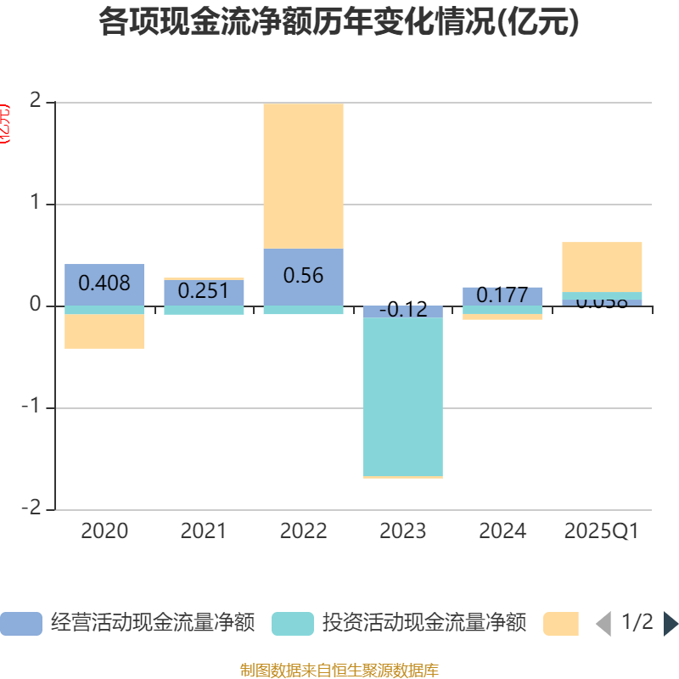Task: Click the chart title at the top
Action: click(339, 23)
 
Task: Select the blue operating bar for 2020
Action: click(104, 284)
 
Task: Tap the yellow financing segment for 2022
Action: click(303, 176)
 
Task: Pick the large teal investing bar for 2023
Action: click(402, 396)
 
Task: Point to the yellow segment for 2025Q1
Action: click(602, 267)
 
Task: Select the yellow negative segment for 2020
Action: click(104, 331)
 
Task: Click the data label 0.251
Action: click(204, 291)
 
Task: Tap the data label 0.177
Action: click(502, 295)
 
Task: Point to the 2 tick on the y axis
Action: click(35, 101)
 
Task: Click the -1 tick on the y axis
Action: click(31, 407)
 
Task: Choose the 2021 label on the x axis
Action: click(204, 531)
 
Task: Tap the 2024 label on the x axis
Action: click(502, 531)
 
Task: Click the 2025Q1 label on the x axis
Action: click(602, 531)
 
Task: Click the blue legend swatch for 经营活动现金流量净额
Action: click(20, 624)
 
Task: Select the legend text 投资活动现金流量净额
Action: click(424, 623)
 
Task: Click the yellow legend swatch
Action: click(560, 624)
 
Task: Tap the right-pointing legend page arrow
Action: click(671, 624)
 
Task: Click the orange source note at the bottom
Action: click(339, 671)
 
